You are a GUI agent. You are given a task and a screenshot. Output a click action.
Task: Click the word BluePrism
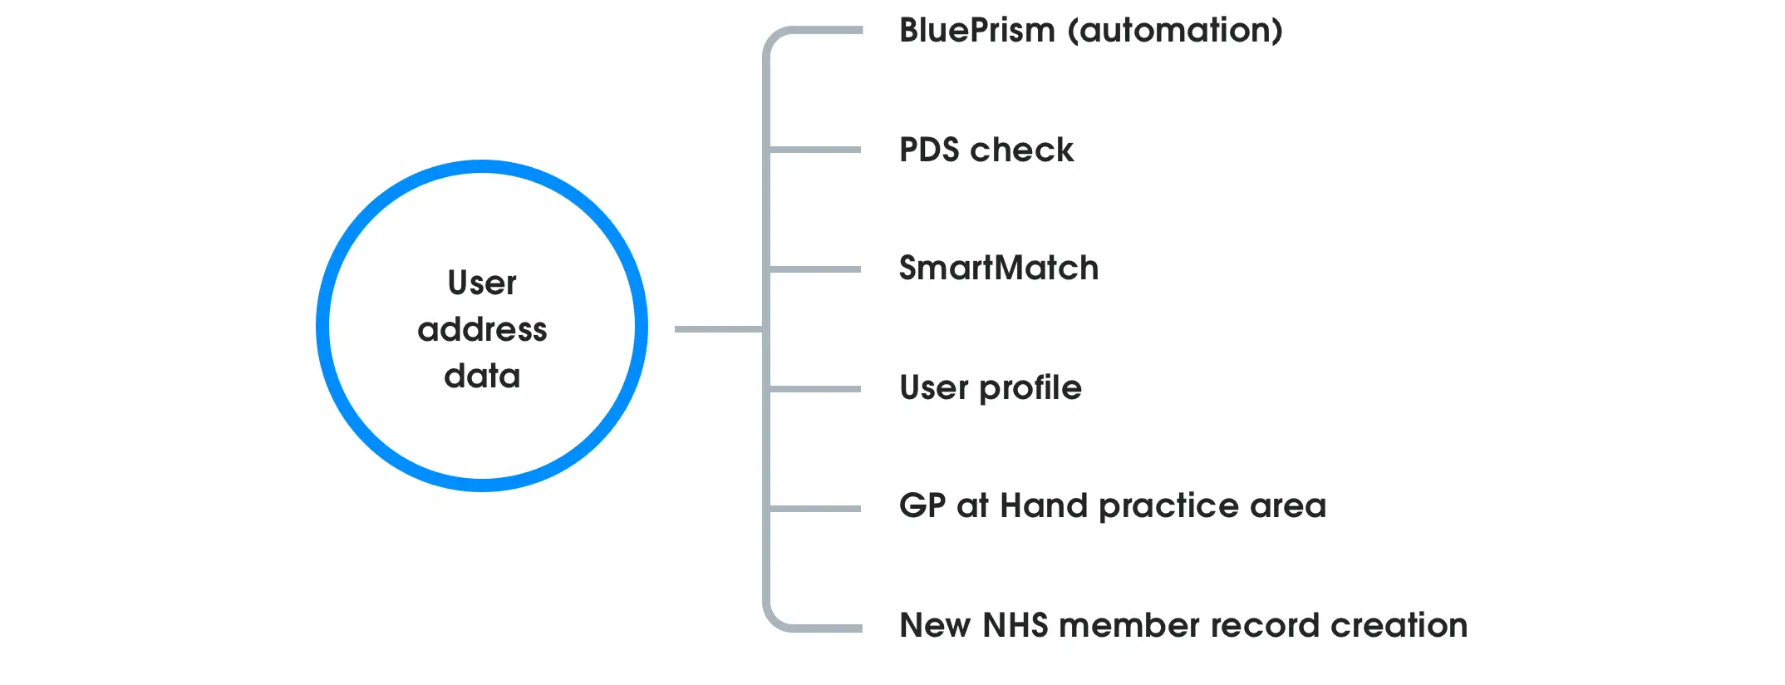[977, 31]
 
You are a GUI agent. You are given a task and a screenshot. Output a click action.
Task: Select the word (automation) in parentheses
[1175, 31]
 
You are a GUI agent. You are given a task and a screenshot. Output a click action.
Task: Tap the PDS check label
[986, 150]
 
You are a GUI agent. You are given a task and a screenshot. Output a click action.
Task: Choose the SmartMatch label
[999, 269]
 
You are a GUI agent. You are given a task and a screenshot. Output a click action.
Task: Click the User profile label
[991, 388]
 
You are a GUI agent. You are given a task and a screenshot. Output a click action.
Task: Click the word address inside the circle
[482, 330]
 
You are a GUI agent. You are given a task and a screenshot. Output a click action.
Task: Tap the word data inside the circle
[482, 377]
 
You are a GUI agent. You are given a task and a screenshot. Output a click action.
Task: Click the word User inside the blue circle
[482, 283]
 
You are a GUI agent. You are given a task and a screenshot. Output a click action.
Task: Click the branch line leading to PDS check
[814, 150]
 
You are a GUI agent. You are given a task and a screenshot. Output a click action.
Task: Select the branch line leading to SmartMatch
[814, 269]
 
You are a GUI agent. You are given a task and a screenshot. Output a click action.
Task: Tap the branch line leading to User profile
[814, 389]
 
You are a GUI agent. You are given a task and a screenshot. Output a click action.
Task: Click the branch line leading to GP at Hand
[814, 509]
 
